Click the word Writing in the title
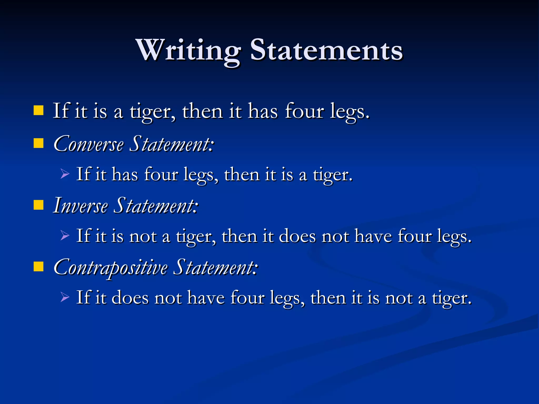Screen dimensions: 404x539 pos(188,50)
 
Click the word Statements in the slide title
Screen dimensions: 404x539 pos(326,50)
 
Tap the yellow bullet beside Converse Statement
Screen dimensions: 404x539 pos(38,144)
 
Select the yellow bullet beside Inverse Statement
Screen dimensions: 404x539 pos(38,205)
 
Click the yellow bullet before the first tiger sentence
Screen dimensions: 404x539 pos(38,111)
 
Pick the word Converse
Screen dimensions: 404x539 pos(88,144)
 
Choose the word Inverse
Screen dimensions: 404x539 pos(80,206)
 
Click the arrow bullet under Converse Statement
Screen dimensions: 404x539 pos(65,174)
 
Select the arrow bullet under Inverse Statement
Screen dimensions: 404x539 pos(65,235)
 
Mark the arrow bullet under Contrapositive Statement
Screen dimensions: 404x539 pos(65,297)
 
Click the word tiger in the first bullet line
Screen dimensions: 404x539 pos(152,112)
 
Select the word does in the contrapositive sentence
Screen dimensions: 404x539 pos(130,298)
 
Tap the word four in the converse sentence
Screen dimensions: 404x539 pos(161,175)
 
